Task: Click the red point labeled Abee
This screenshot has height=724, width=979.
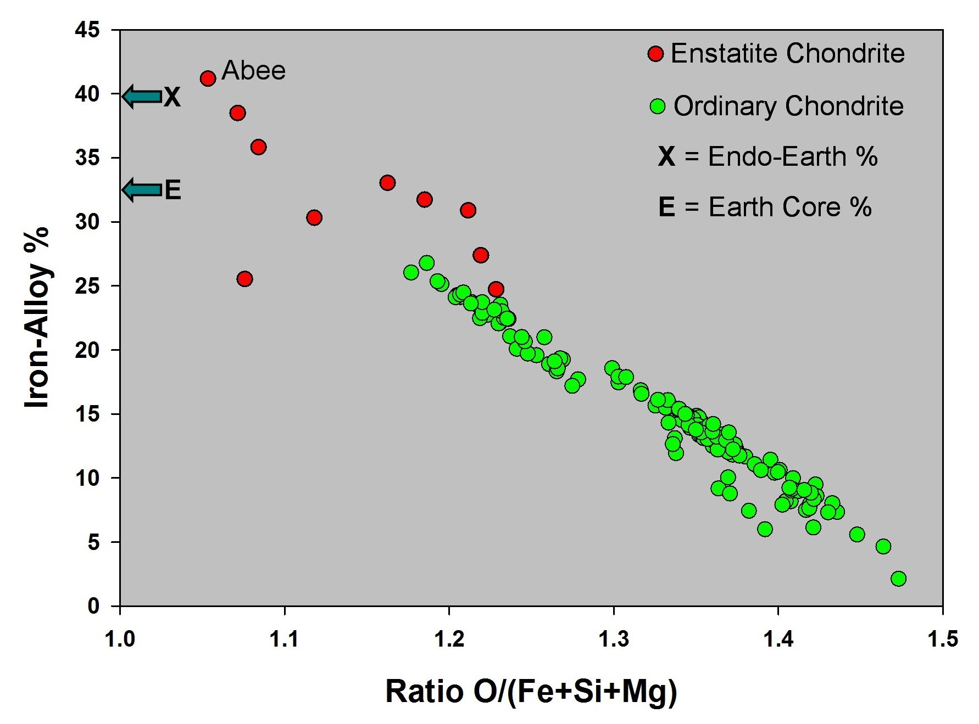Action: pos(208,78)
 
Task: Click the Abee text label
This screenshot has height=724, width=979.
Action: pos(253,71)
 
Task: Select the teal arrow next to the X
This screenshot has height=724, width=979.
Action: pos(142,97)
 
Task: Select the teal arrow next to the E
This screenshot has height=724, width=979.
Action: pos(142,190)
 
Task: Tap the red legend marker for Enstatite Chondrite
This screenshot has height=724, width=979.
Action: pos(655,54)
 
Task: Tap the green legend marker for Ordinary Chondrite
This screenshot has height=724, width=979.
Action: pos(657,106)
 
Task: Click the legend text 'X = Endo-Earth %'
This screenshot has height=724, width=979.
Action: pos(767,156)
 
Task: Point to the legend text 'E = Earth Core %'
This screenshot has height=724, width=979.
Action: pos(765,207)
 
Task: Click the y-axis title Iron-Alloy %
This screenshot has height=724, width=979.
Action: pos(37,317)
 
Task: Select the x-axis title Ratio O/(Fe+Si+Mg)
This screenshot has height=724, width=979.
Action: pos(531,691)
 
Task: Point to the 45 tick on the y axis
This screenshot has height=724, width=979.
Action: pos(88,30)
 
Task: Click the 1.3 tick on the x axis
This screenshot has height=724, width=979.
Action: pos(613,639)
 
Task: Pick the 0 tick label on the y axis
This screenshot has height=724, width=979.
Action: pos(93,606)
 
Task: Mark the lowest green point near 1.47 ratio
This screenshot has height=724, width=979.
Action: pos(898,579)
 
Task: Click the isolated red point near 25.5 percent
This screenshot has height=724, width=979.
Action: pos(244,279)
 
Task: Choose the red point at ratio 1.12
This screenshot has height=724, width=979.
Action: pos(314,218)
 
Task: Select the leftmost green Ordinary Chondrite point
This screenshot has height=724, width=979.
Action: pos(411,272)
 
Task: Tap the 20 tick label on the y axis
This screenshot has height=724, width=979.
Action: pos(88,350)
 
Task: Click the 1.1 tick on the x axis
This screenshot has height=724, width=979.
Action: pos(285,639)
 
